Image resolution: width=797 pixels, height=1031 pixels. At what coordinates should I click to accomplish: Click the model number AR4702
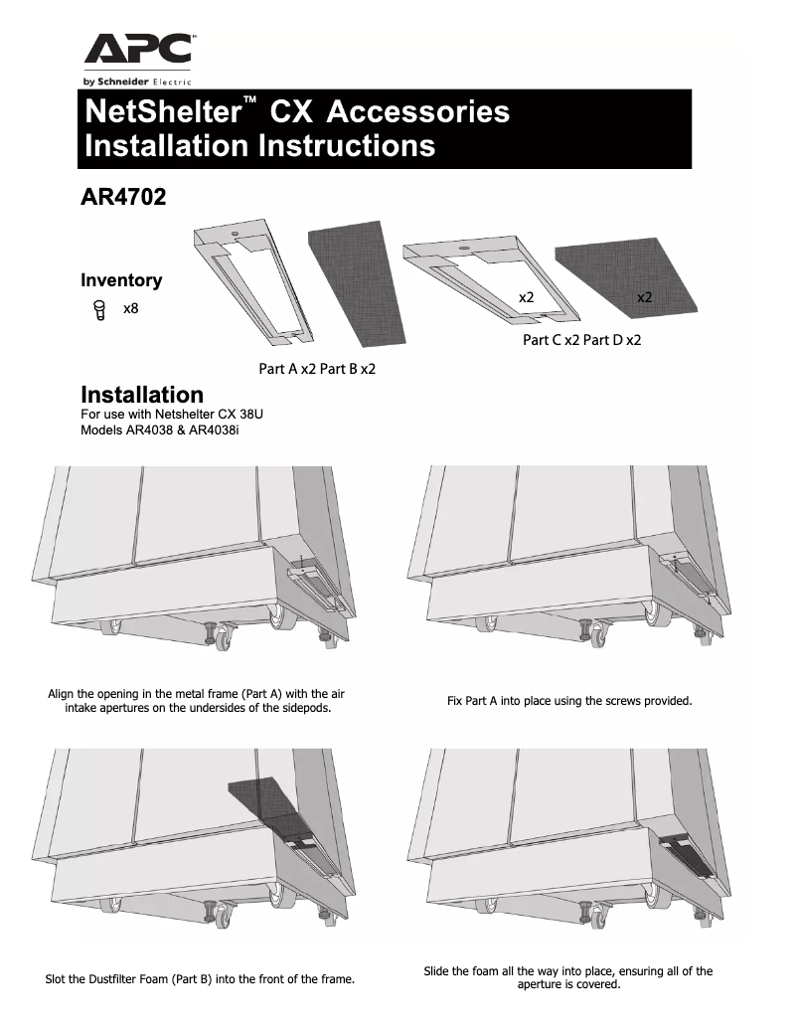pyautogui.click(x=122, y=196)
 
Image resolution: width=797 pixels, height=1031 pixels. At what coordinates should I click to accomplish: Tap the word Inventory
pyautogui.click(x=120, y=280)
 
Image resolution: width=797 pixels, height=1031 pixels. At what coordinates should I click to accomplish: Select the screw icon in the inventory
pyautogui.click(x=98, y=310)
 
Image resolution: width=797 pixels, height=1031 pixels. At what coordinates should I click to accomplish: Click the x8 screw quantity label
pyautogui.click(x=130, y=310)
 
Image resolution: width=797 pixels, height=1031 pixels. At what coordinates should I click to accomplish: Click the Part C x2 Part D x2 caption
pyautogui.click(x=581, y=340)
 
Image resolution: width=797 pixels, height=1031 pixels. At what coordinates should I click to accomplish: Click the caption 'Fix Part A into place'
pyautogui.click(x=568, y=701)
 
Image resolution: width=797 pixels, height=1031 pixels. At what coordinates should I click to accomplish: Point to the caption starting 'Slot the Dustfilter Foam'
pyautogui.click(x=200, y=979)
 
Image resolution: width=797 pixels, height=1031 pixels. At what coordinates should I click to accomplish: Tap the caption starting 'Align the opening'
pyautogui.click(x=197, y=701)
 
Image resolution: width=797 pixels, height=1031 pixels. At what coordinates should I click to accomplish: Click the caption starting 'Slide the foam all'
pyautogui.click(x=567, y=977)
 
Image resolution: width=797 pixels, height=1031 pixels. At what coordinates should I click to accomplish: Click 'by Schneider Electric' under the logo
pyautogui.click(x=137, y=81)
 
